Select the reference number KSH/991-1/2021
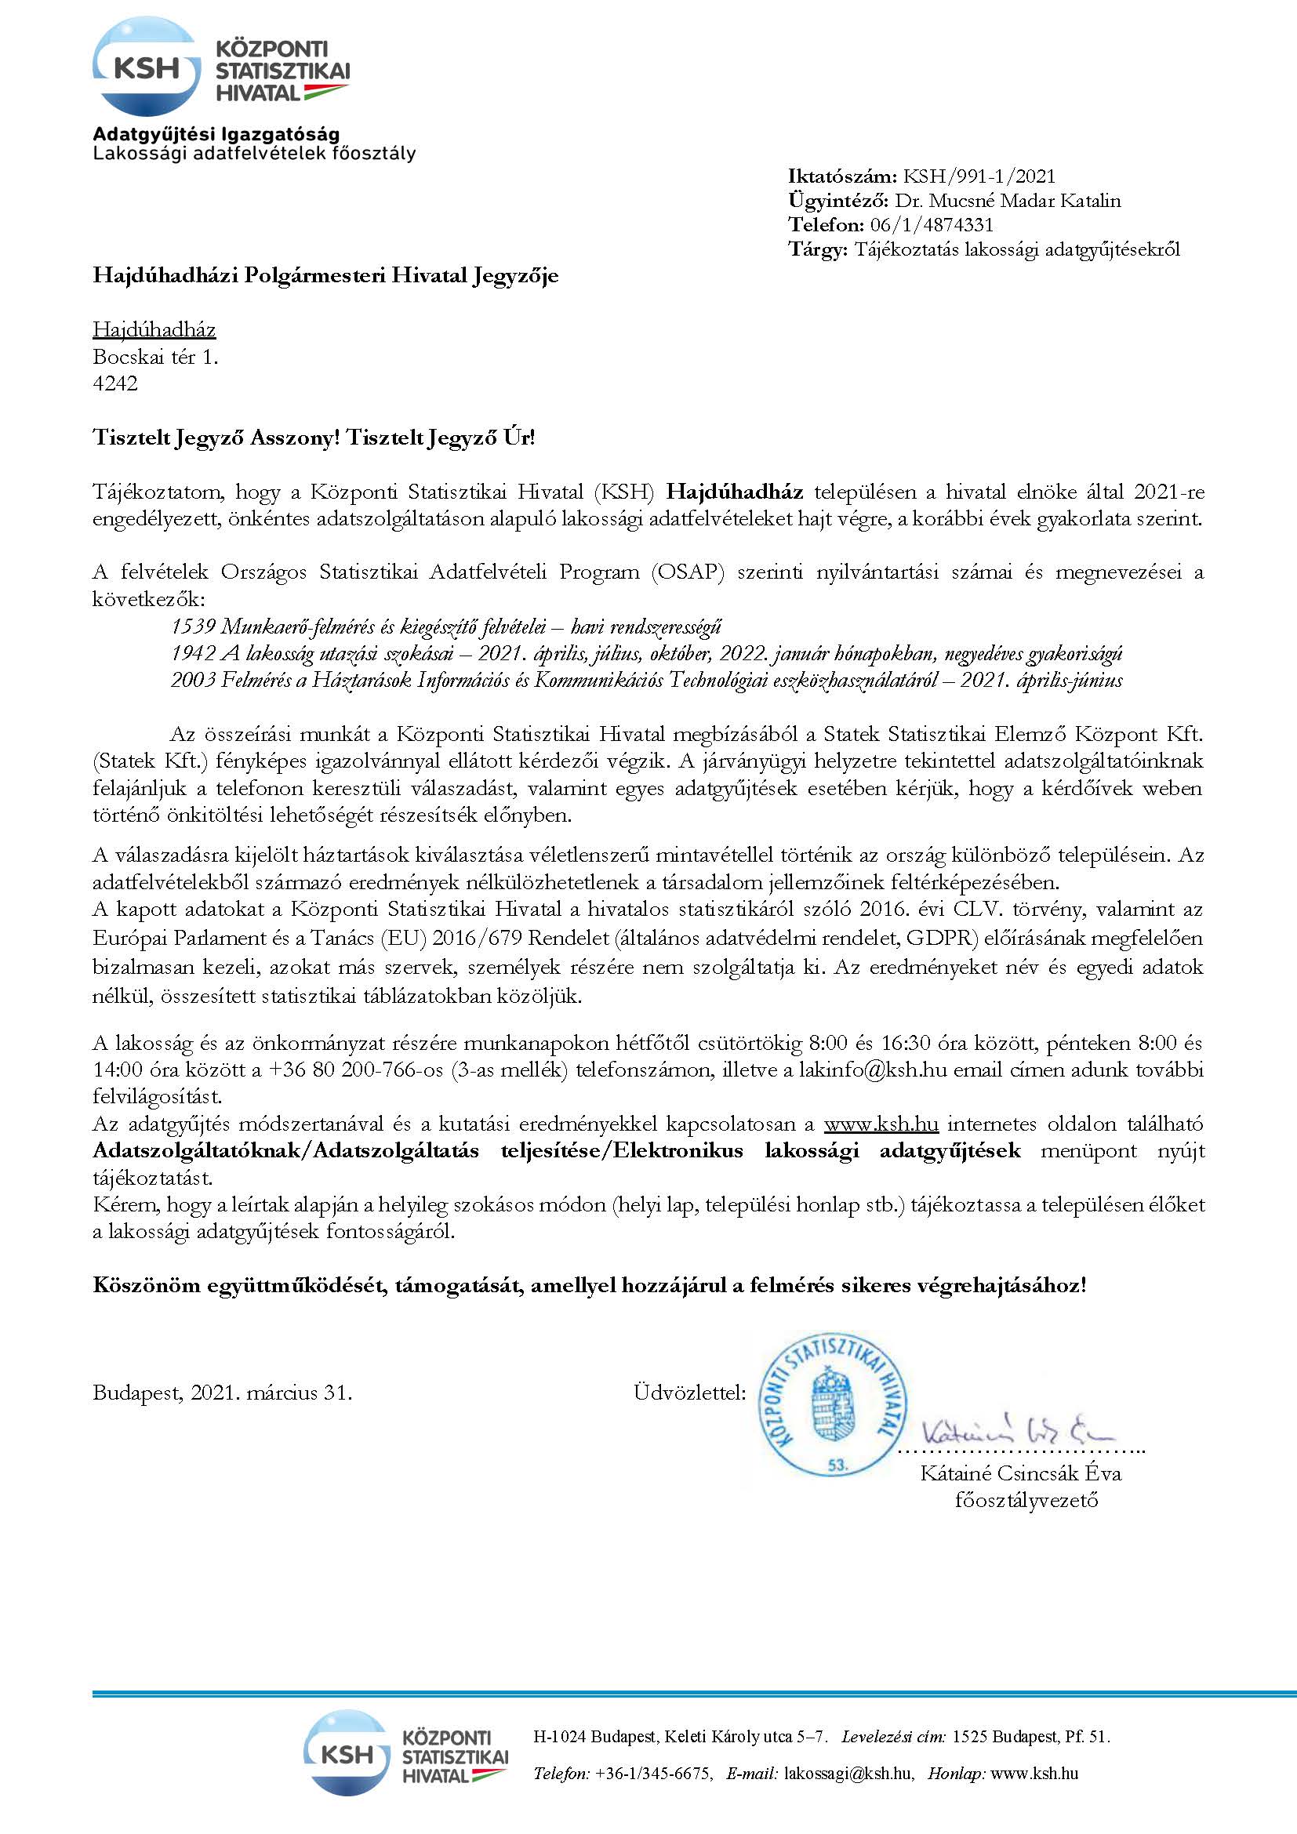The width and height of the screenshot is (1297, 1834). [979, 176]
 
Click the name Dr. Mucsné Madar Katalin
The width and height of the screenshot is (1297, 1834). [1007, 201]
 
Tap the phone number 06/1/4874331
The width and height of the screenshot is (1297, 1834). [932, 224]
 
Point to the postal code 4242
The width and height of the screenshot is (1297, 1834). [115, 383]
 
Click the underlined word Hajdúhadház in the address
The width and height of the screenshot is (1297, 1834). [154, 329]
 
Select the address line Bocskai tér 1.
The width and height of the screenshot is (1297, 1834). [155, 356]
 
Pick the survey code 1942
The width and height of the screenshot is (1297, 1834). [193, 653]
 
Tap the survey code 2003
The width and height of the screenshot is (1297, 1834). [193, 680]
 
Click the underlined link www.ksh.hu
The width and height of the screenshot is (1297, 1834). [881, 1124]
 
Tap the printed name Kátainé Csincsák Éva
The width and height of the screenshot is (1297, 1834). [1021, 1473]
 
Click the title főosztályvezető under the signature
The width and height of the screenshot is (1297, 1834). [1026, 1499]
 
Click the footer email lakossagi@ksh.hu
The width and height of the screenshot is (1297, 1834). [848, 1774]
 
